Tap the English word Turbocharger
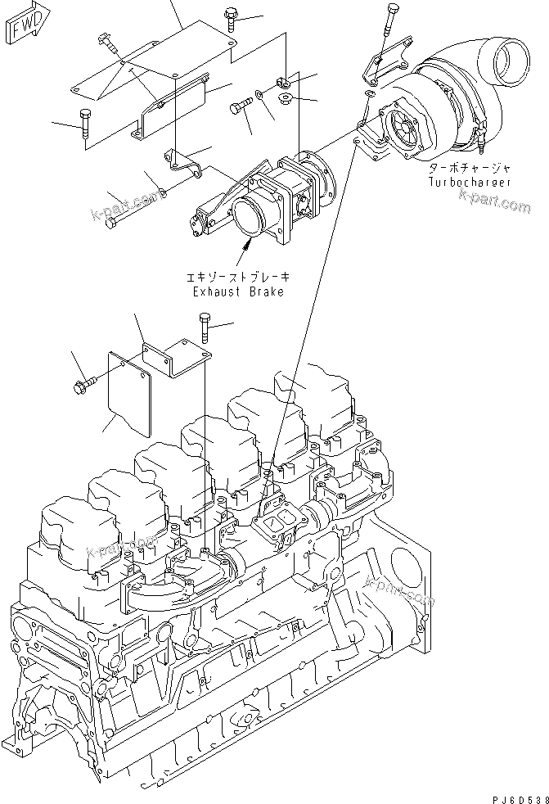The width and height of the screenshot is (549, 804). point(470,182)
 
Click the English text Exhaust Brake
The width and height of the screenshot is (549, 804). point(238,291)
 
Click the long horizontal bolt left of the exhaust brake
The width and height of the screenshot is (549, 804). point(131,209)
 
